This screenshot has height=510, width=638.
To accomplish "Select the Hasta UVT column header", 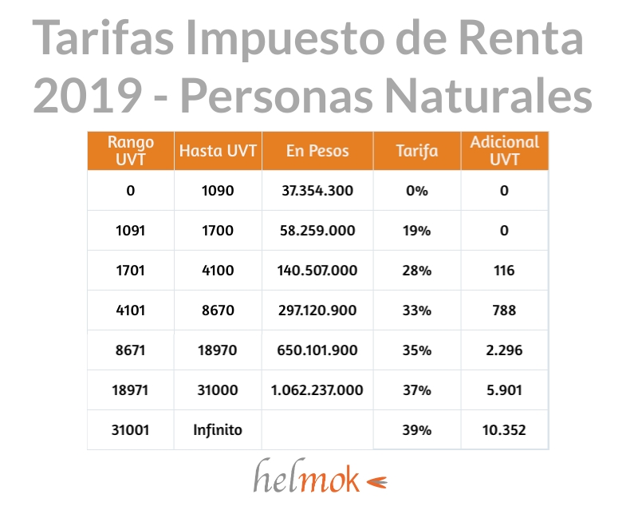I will [x=218, y=151].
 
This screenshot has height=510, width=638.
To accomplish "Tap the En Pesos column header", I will [x=317, y=151].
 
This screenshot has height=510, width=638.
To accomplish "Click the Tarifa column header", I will [x=417, y=151].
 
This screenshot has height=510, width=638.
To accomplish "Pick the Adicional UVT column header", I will [x=504, y=150].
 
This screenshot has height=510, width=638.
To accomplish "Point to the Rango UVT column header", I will [x=131, y=150].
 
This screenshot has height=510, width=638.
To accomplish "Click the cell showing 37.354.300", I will [x=317, y=192].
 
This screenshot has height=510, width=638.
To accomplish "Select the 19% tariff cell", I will [x=417, y=231].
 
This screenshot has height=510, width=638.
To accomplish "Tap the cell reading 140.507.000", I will [x=317, y=271].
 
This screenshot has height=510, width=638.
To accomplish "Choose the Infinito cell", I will [x=218, y=430].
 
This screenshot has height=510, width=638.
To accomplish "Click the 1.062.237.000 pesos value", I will [x=317, y=390].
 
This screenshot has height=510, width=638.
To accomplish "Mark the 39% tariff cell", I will [x=417, y=430].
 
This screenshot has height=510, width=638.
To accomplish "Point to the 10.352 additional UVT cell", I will [x=504, y=430].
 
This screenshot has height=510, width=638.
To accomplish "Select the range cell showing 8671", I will [x=131, y=350].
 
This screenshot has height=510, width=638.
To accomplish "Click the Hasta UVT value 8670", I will [x=218, y=310].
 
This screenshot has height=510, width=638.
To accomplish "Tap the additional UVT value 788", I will [x=504, y=310].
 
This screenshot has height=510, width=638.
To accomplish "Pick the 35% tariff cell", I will [x=417, y=350].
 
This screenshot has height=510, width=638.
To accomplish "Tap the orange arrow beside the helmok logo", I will [x=376, y=481].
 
